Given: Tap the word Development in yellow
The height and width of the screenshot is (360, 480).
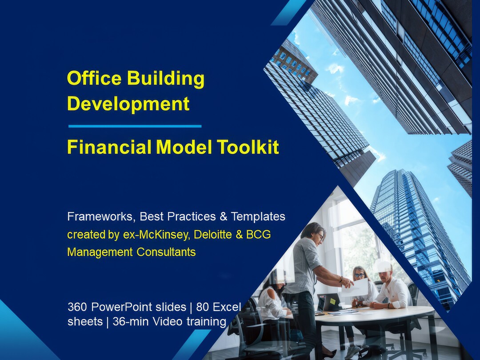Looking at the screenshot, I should (128, 104).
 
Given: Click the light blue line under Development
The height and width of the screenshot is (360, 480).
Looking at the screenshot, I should (135, 126).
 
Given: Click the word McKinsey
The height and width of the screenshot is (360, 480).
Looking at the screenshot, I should (173, 235).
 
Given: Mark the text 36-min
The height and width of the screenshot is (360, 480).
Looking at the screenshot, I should (130, 322).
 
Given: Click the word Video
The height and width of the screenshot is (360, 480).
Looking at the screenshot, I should (168, 322).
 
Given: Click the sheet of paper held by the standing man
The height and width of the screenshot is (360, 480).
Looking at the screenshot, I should (356, 288).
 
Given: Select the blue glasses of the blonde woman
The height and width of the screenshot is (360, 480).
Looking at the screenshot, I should (359, 276).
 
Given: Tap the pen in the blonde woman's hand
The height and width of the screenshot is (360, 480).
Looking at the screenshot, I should (356, 302).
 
